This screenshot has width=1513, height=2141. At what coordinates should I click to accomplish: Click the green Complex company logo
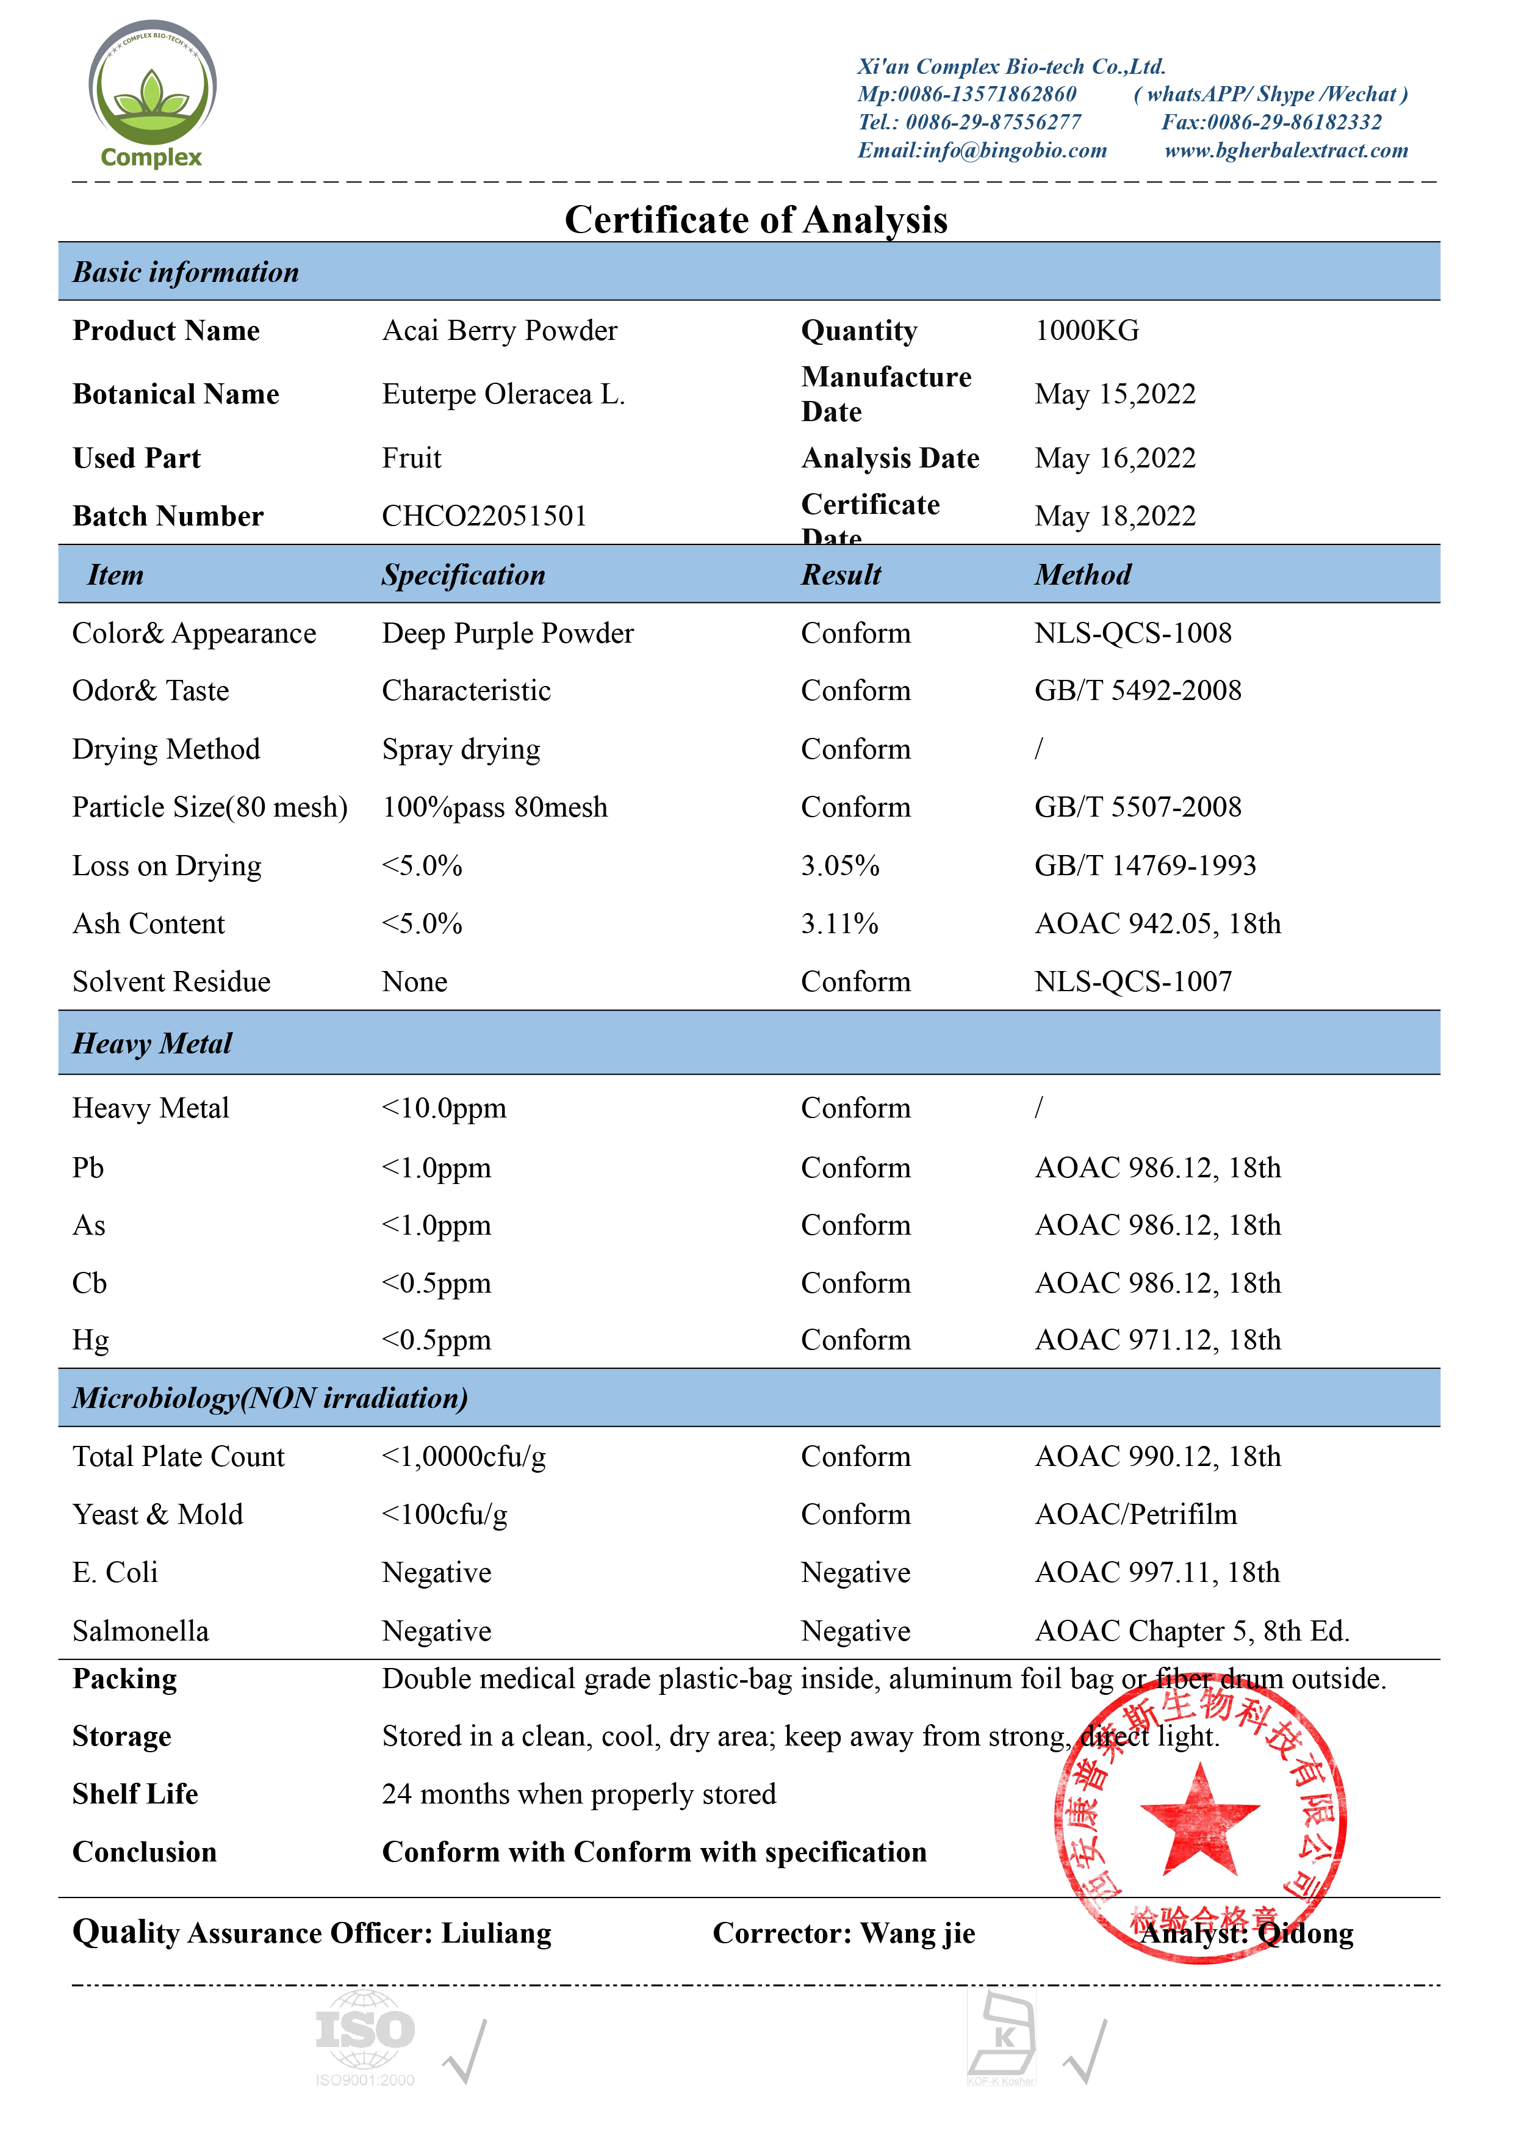[152, 94]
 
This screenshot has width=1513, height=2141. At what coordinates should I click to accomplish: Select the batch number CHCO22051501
[484, 516]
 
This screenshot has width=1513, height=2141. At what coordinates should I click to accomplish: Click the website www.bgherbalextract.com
[1285, 150]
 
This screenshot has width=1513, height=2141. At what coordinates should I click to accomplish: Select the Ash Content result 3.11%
[839, 923]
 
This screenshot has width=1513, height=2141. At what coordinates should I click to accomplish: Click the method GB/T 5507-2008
[1137, 807]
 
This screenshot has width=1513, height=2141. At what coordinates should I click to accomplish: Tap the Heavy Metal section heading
[152, 1042]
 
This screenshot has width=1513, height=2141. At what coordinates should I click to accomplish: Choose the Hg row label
[90, 1340]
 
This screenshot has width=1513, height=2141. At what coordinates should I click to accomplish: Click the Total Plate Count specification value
[463, 1456]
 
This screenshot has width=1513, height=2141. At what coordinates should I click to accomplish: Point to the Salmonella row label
[141, 1630]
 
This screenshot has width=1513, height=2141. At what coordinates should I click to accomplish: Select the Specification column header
[463, 574]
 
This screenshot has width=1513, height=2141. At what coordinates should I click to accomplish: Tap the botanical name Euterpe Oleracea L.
[503, 394]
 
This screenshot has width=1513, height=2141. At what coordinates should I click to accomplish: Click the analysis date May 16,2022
[1115, 458]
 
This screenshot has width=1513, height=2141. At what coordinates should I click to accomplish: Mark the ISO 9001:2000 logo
[364, 2037]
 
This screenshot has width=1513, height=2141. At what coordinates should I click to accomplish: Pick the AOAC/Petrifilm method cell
[1135, 1514]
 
